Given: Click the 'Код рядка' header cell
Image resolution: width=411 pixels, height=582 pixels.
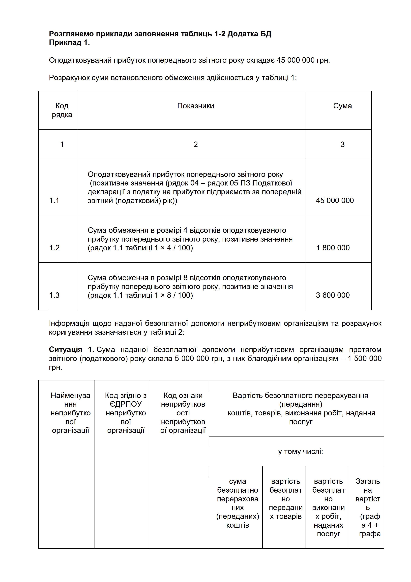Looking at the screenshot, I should click(x=62, y=110).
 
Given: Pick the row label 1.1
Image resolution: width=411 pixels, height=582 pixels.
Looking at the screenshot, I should click(x=54, y=201).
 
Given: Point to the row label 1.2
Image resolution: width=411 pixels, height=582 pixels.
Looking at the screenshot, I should click(x=54, y=248).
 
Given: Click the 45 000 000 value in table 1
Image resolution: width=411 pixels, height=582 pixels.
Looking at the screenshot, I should click(x=335, y=201).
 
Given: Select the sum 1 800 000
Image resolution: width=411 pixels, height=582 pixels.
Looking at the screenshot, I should click(x=333, y=248).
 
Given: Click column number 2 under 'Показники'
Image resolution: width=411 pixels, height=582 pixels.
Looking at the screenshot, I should click(x=196, y=145).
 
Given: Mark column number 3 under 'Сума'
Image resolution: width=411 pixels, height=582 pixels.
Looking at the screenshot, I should click(x=342, y=145).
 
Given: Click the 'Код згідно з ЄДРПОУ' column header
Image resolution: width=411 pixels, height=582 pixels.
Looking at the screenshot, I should click(x=126, y=413).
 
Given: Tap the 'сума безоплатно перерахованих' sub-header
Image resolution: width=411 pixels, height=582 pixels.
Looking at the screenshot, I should click(x=237, y=503).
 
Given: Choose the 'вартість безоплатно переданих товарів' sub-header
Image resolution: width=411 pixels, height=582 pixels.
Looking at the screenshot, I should click(x=286, y=499).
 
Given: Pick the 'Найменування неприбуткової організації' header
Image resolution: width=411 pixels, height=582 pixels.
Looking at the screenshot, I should click(x=70, y=413).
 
